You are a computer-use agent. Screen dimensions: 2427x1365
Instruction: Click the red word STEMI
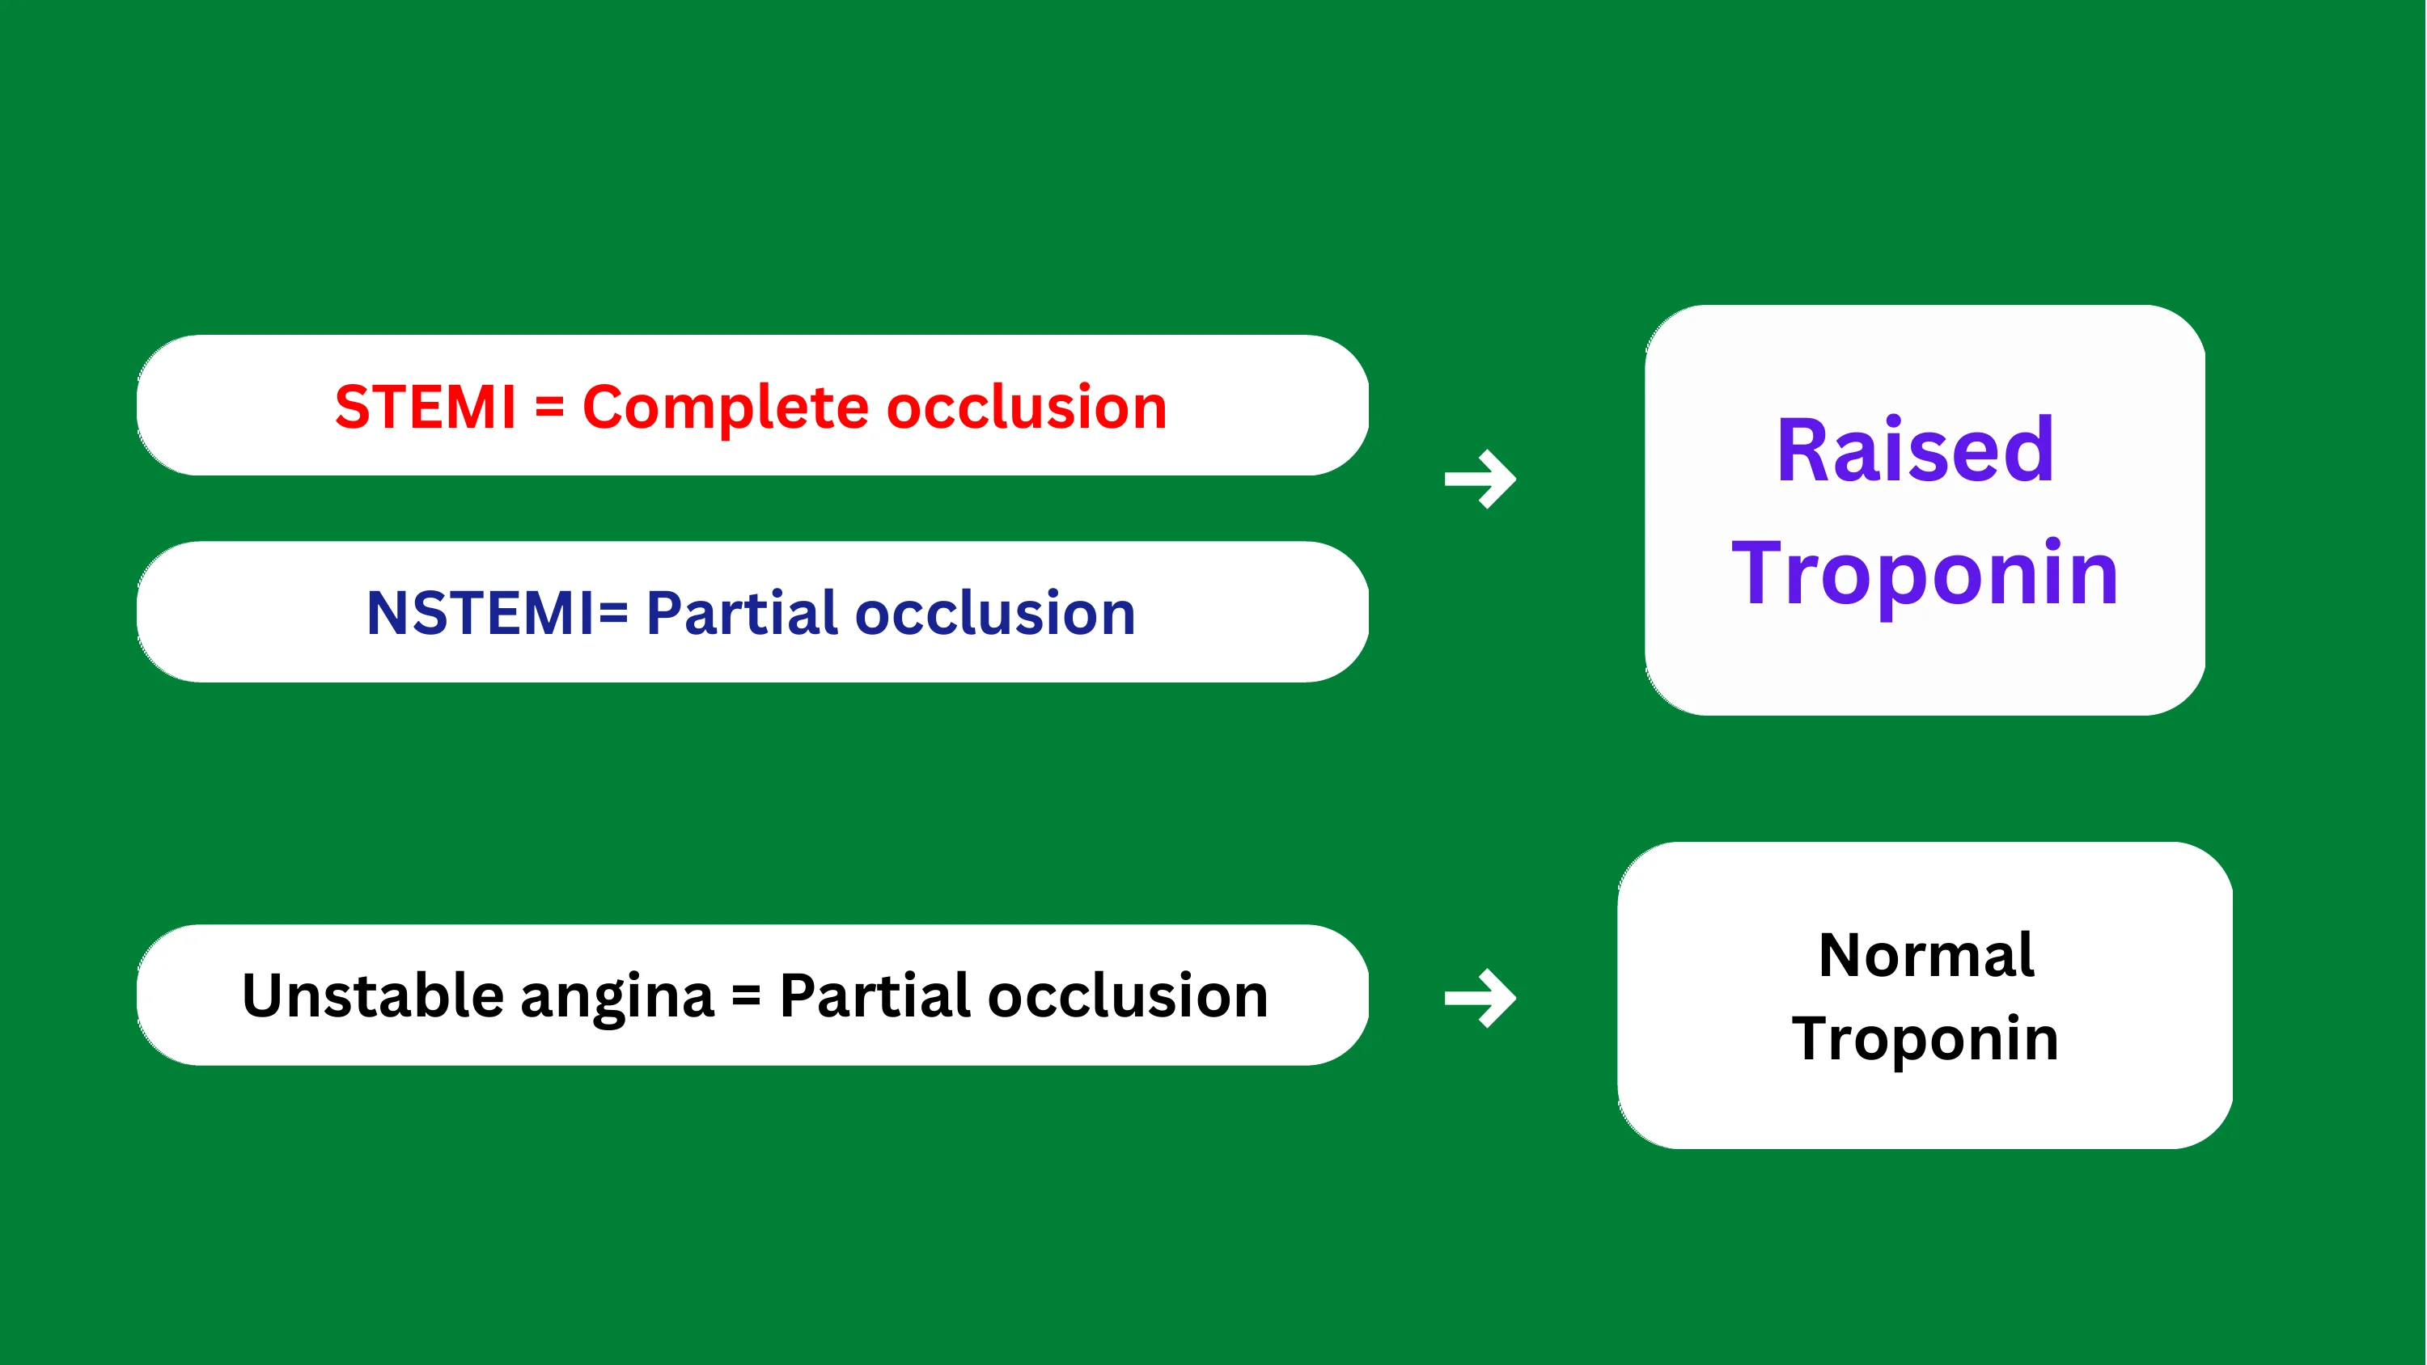tap(426, 407)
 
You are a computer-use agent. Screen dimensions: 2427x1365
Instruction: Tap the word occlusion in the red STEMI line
tap(1027, 407)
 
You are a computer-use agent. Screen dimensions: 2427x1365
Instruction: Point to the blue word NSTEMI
tap(481, 613)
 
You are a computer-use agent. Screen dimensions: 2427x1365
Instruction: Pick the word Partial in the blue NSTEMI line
tap(743, 612)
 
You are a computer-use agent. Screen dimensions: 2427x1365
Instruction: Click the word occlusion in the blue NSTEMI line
tap(995, 612)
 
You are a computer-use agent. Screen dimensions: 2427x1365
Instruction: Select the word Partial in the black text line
tap(875, 995)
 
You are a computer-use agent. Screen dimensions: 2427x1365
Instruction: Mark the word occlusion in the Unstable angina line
tap(1128, 995)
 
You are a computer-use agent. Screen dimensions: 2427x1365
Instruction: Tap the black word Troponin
tap(1925, 1039)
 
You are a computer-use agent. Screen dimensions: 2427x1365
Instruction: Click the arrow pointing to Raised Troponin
tap(1480, 480)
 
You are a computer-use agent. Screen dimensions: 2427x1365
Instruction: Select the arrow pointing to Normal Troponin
tap(1480, 999)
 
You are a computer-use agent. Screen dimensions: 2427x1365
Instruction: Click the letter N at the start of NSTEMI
tap(388, 613)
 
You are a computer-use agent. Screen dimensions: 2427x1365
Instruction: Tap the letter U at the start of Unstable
tap(264, 995)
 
